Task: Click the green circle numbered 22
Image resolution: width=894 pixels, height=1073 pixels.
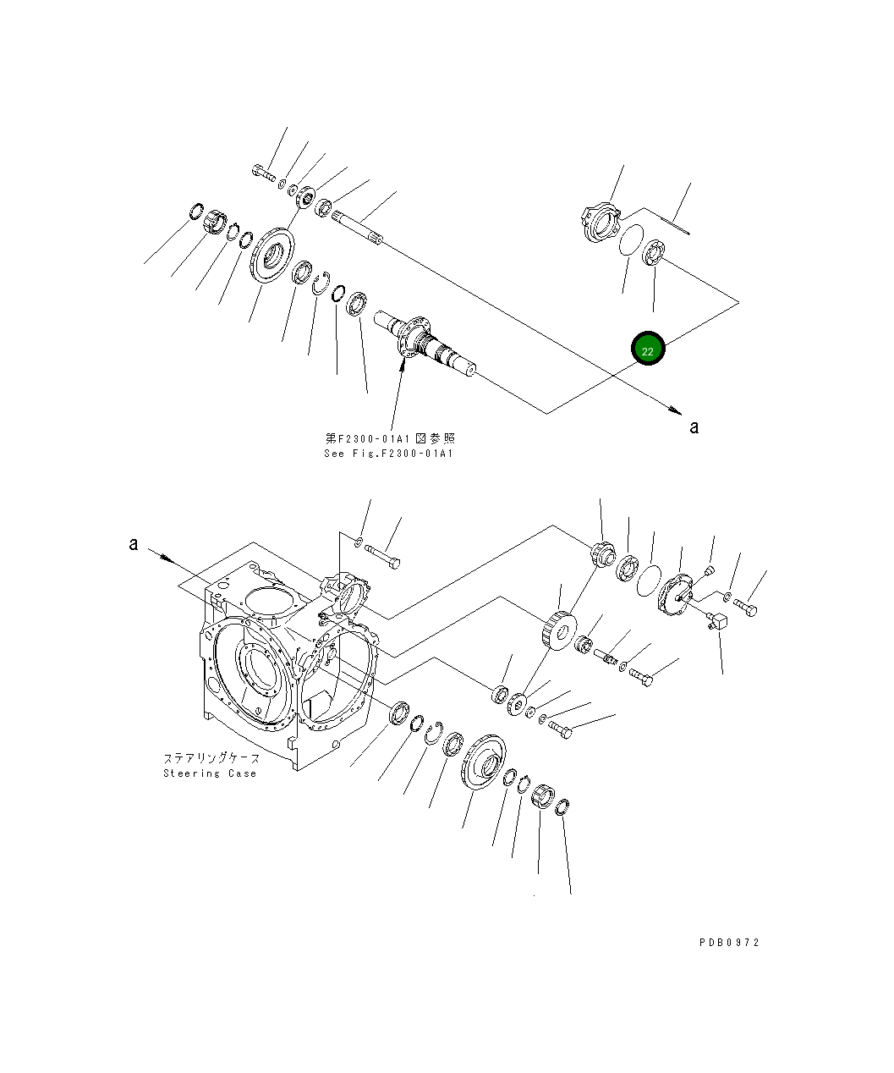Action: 648,349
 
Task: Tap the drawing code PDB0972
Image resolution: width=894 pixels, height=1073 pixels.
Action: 729,943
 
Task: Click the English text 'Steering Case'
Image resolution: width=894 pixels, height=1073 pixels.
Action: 209,773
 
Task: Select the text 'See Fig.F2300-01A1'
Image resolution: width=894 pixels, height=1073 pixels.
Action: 389,454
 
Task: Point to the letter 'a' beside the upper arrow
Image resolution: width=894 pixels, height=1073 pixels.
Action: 694,427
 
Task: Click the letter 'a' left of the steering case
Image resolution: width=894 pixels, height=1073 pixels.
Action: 133,544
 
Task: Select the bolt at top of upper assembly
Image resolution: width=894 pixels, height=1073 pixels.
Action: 263,174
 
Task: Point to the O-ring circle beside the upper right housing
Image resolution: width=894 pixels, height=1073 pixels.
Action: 629,240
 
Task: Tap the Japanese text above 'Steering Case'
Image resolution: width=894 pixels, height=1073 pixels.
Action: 211,758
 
